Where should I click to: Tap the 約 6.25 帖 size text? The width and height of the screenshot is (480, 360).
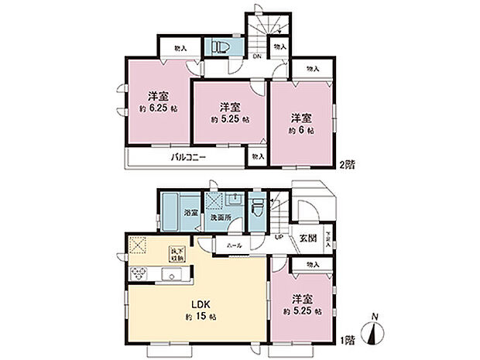[159, 108]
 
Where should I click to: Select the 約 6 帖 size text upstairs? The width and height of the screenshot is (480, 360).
[301, 132]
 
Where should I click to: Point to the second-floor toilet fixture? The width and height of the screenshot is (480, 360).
[219, 47]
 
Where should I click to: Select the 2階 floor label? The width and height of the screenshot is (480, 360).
[346, 164]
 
